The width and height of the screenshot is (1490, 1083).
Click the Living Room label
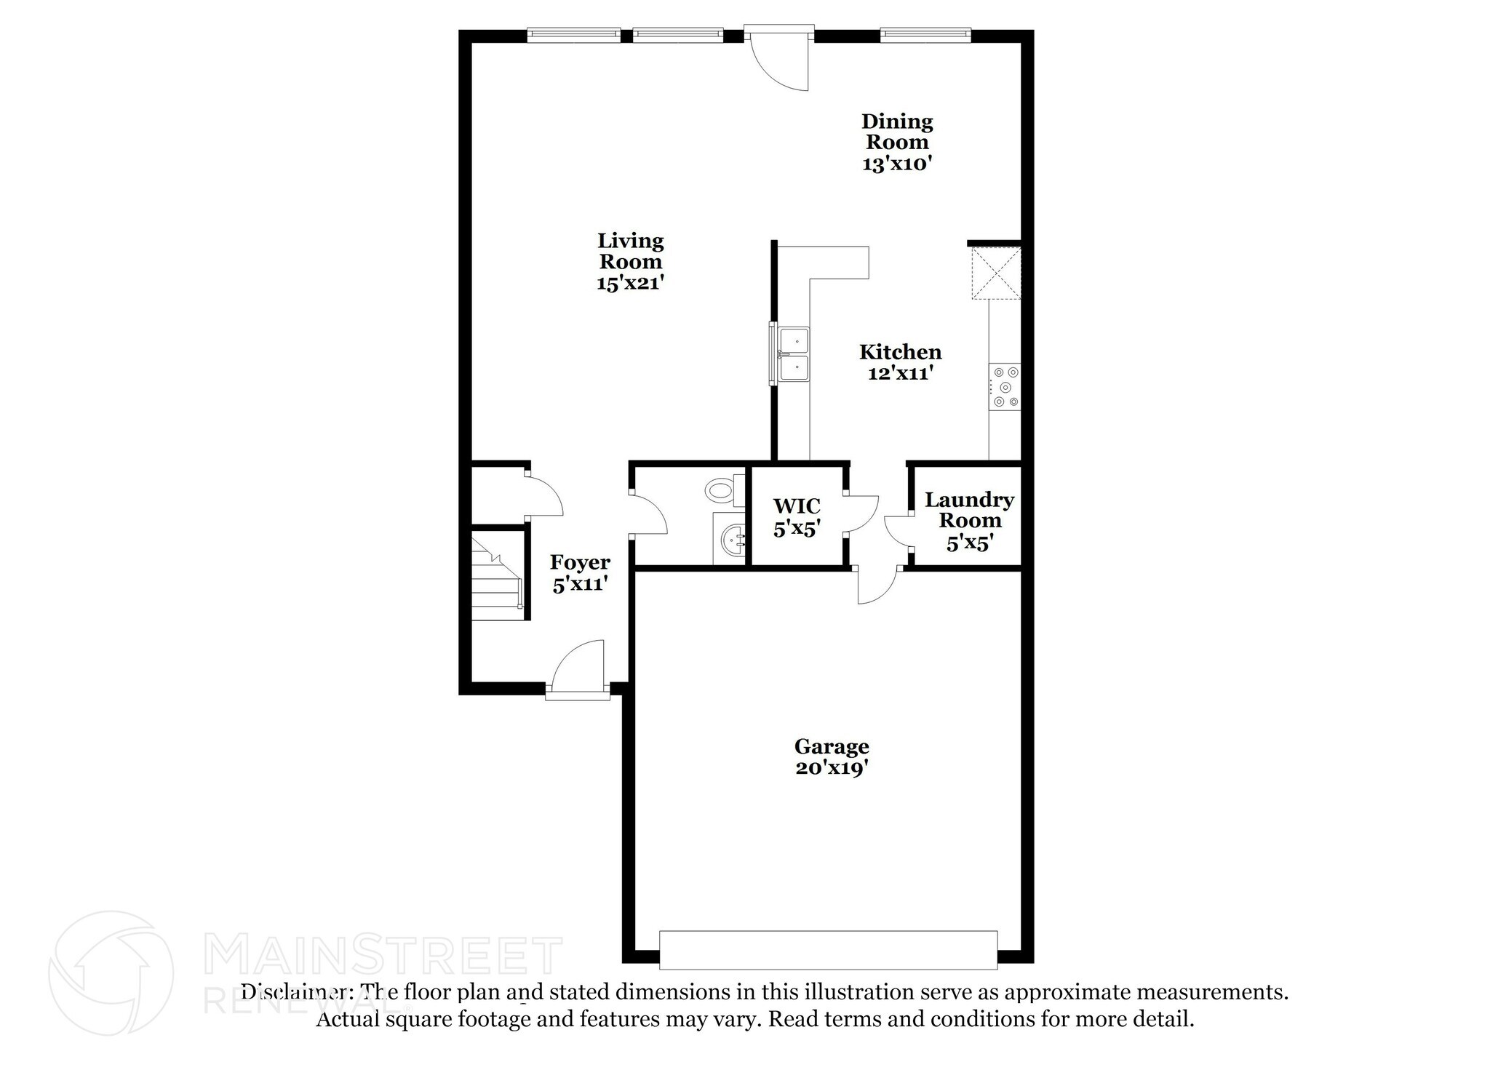pyautogui.click(x=630, y=251)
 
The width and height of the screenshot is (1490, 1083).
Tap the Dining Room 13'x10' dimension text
pyautogui.click(x=897, y=164)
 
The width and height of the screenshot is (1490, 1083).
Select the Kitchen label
pyautogui.click(x=900, y=352)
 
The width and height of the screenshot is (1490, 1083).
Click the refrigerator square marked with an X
pyautogui.click(x=997, y=273)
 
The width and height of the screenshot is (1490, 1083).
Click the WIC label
pyautogui.click(x=796, y=505)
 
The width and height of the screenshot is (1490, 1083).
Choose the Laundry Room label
pyautogui.click(x=969, y=510)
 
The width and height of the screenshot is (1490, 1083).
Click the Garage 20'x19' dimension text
pyautogui.click(x=832, y=768)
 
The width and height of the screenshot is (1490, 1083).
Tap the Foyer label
pyautogui.click(x=580, y=562)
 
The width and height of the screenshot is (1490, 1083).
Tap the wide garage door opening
pyautogui.click(x=828, y=950)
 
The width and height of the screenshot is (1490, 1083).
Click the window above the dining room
pyautogui.click(x=925, y=33)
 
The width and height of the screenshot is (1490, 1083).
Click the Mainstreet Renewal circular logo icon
pyautogui.click(x=111, y=972)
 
